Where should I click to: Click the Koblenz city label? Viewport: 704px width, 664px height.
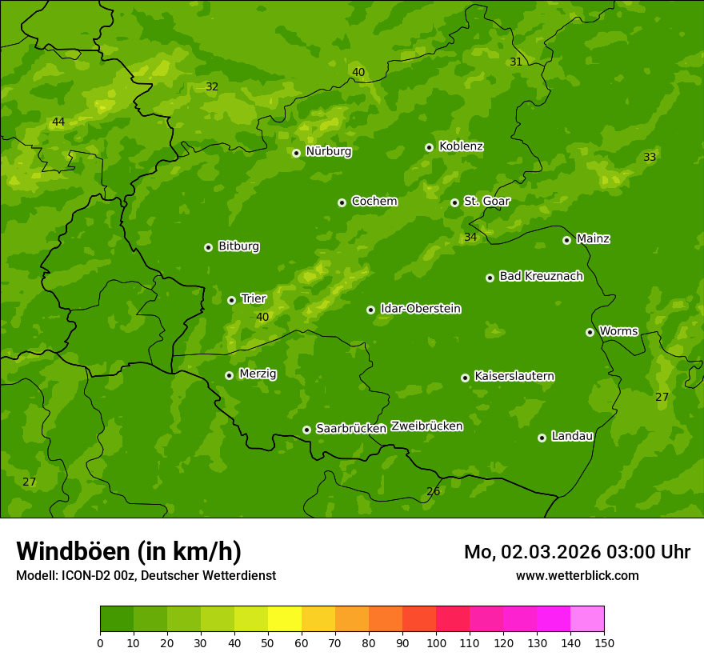tap(461, 146)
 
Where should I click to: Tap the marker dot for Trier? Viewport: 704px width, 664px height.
tap(232, 300)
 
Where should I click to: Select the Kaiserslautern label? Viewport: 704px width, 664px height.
tap(514, 376)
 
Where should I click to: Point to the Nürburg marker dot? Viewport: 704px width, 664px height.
tap(296, 153)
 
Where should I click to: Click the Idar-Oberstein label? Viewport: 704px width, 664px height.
tap(420, 309)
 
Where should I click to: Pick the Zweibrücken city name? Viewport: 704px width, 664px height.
tap(426, 426)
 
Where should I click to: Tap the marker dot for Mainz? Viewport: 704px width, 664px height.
tap(566, 240)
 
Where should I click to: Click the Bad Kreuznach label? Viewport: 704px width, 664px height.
tap(541, 276)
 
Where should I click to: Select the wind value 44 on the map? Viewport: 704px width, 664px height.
tap(58, 122)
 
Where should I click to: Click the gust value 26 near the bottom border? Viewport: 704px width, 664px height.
tap(433, 492)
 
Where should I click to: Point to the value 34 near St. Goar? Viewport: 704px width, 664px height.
tap(470, 237)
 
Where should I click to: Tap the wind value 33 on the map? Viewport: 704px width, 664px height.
tap(650, 158)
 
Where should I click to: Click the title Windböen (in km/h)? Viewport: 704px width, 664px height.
tap(129, 551)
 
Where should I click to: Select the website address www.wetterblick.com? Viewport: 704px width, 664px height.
tap(577, 575)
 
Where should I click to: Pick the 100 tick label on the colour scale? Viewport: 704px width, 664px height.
tap(436, 642)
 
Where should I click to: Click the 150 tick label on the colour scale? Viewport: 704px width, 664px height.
tap(604, 642)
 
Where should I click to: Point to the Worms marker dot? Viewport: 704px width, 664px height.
tap(590, 332)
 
